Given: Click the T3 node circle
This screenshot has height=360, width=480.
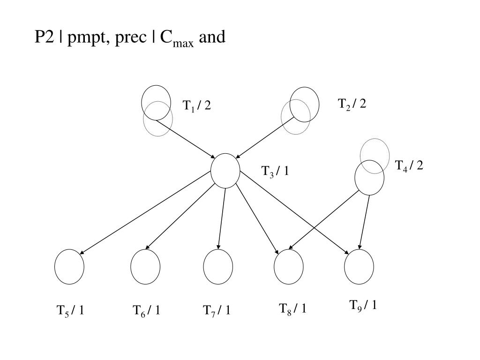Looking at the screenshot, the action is [x=225, y=171].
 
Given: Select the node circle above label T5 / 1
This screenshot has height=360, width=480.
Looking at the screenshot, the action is [x=69, y=267].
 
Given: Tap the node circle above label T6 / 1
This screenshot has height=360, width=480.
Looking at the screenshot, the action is [x=145, y=267].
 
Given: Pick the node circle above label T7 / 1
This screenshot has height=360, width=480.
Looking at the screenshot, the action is [x=218, y=267].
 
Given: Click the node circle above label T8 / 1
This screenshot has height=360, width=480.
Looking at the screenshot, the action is [x=289, y=267].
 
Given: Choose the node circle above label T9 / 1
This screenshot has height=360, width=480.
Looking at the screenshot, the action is [x=359, y=267].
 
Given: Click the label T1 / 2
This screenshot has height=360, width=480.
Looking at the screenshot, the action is [x=197, y=106].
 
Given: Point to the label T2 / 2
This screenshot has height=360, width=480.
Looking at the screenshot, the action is [x=352, y=104].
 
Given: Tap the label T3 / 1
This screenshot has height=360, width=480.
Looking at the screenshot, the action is [x=275, y=172].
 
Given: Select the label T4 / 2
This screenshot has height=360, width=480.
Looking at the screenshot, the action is [x=409, y=166].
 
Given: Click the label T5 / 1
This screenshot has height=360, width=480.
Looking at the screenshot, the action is [x=70, y=311].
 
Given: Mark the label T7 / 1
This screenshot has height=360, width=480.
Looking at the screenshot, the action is [x=217, y=311].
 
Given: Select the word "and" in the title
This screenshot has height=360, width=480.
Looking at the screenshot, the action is [x=212, y=37].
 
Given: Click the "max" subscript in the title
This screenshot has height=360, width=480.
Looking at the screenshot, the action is [x=183, y=44].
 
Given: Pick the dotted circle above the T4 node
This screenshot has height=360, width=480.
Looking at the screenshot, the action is [x=375, y=156].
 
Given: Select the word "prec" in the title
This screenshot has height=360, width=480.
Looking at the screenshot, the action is [x=131, y=38].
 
